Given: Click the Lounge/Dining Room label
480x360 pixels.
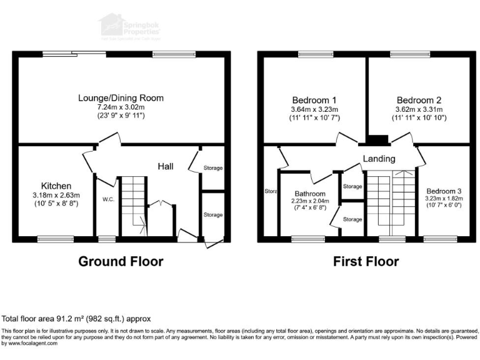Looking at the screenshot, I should point(121,97).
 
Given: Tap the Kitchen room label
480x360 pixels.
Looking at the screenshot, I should point(56,186).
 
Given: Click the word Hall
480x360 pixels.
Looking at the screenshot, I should point(165,166).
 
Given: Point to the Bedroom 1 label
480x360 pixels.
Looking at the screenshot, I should point(314,100).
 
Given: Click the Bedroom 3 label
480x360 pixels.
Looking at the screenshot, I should point(444,191).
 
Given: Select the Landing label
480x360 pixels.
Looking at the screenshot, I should point(379,159).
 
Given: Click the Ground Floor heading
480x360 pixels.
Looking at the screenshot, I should point(121,261).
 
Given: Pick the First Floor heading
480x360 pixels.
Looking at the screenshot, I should point(366,261).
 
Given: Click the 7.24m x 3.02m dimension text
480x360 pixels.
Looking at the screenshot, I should point(121,107).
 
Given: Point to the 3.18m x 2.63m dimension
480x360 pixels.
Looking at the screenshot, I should point(56,195).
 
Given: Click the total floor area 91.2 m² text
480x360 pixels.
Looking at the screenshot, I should point(76,318).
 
